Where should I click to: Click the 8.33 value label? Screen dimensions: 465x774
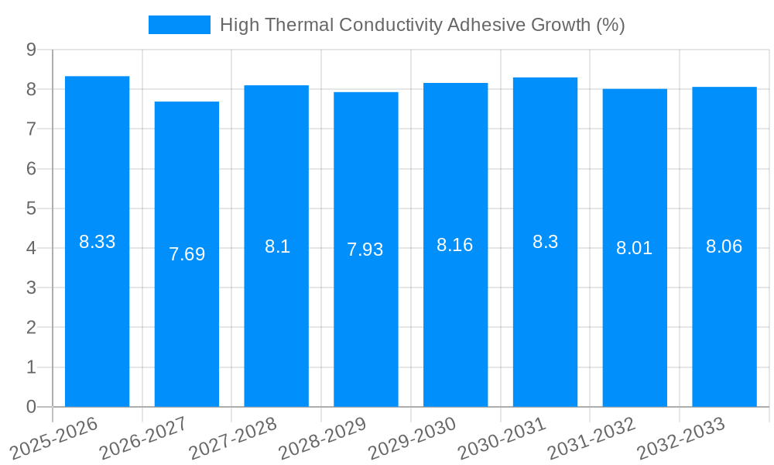click(97, 242)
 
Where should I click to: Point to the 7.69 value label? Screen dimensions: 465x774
click(187, 254)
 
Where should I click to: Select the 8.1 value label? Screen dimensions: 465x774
click(276, 246)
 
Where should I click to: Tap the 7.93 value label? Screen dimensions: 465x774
click(365, 250)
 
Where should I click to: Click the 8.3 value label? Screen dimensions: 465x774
click(545, 242)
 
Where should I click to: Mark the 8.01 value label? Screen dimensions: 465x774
click(634, 248)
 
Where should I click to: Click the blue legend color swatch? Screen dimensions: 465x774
click(179, 25)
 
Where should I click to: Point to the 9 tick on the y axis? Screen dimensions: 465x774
click(31, 50)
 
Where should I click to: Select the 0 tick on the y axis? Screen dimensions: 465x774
click(31, 407)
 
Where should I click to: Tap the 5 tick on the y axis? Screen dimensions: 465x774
click(31, 208)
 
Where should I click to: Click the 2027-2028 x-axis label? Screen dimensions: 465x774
click(233, 439)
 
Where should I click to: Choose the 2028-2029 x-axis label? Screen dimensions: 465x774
click(323, 439)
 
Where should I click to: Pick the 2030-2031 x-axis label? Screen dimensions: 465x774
click(502, 439)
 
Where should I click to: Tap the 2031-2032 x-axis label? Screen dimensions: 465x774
click(591, 439)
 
